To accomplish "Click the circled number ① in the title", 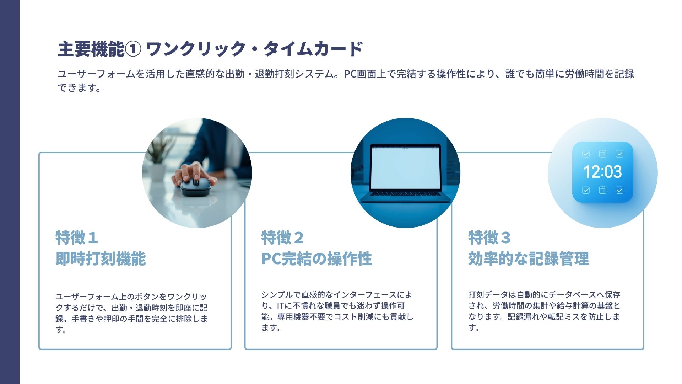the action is tap(133, 49).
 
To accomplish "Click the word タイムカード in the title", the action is tap(313, 49).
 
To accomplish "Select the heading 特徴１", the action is tap(77, 238).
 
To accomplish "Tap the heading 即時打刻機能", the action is tap(101, 258).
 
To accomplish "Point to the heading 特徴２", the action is tap(283, 238).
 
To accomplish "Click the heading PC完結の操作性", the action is tap(317, 258).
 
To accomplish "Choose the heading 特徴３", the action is tap(489, 238).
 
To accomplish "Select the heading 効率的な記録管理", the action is tap(529, 258).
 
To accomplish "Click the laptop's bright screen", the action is tap(405, 167).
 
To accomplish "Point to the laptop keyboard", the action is tap(405, 194).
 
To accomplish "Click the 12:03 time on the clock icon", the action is tap(602, 172).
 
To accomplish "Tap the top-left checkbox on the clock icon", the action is tap(586, 154).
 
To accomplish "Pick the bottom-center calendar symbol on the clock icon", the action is tap(603, 190).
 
